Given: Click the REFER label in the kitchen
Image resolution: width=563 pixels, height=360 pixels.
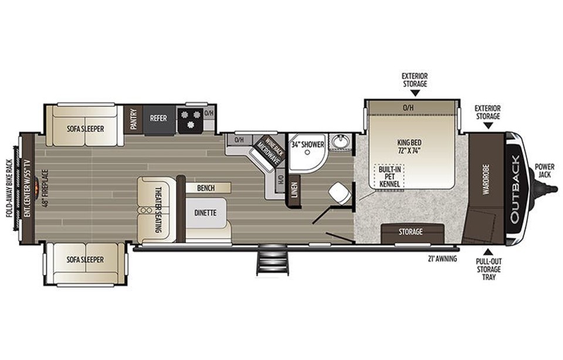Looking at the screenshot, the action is pyautogui.click(x=158, y=118).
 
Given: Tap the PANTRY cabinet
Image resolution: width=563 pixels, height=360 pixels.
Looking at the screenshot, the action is pyautogui.click(x=134, y=120).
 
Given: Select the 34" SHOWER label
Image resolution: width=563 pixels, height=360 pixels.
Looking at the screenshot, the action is pyautogui.click(x=308, y=145).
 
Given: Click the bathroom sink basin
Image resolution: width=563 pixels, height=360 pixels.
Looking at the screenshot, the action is pyautogui.click(x=340, y=142).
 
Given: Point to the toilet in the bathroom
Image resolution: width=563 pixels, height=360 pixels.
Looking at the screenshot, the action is pyautogui.click(x=340, y=194).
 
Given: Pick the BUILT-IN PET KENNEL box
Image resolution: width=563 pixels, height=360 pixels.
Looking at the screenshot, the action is pyautogui.click(x=389, y=176).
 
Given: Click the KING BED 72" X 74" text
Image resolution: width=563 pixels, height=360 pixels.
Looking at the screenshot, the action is pyautogui.click(x=409, y=147).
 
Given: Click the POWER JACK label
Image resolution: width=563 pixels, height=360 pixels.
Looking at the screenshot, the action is pyautogui.click(x=544, y=171).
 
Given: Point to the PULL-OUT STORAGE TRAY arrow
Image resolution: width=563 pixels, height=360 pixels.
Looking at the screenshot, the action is pyautogui.click(x=488, y=252).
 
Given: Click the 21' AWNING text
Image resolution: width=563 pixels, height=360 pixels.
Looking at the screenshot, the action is pyautogui.click(x=442, y=259).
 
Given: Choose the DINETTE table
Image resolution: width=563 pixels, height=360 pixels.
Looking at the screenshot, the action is pyautogui.click(x=206, y=213).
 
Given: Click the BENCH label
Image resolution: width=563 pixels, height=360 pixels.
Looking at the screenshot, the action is pyautogui.click(x=206, y=188).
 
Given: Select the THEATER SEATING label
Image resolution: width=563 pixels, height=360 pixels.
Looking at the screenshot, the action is pyautogui.click(x=158, y=209).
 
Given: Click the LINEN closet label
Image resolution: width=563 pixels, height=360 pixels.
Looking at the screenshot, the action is pyautogui.click(x=294, y=190).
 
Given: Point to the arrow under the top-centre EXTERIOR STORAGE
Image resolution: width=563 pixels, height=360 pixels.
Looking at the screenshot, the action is pyautogui.click(x=415, y=93).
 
